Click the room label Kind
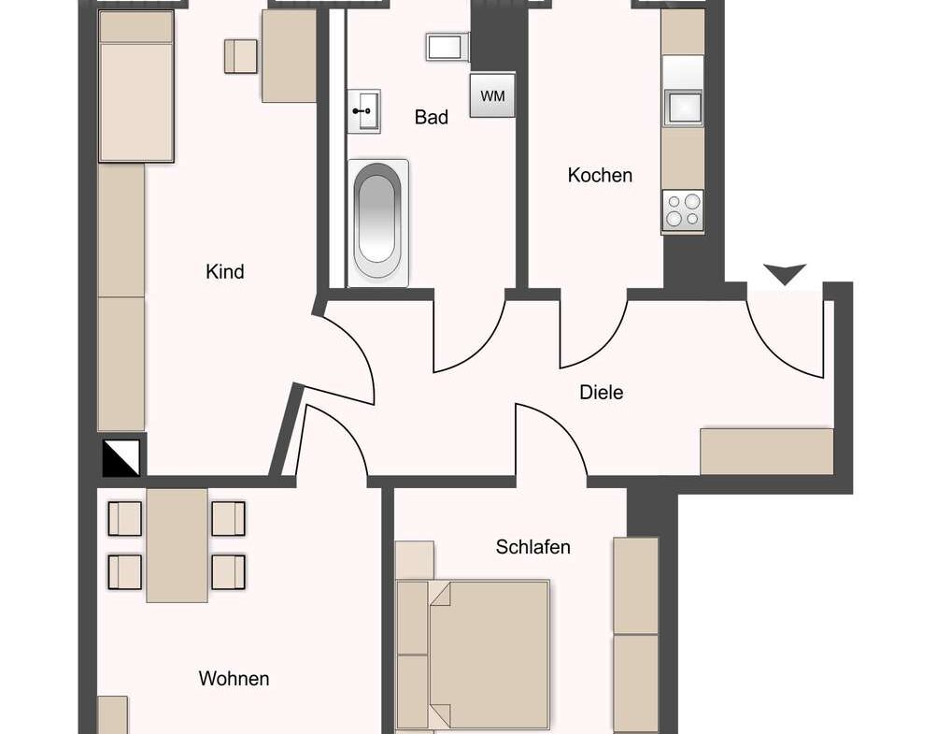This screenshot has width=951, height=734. tap(225, 272)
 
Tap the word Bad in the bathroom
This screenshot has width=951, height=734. tap(431, 118)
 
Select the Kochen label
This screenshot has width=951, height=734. tap(600, 176)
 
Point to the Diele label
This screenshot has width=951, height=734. tap(601, 393)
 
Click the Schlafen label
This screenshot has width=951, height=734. tap(532, 547)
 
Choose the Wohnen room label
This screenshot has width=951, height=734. tap(234, 679)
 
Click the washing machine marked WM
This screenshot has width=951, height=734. tap(492, 96)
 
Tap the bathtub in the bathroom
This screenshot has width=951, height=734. tap(378, 223)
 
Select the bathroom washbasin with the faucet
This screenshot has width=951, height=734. tap(364, 110)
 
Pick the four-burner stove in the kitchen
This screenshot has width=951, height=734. tap(682, 211)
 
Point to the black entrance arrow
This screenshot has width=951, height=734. tap(785, 274)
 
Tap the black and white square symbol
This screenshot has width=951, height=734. tap(121, 457)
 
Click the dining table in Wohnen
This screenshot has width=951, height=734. tap(177, 544)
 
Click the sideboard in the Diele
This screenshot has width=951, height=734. tap(766, 452)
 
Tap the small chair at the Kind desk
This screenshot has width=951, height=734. tap(240, 56)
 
